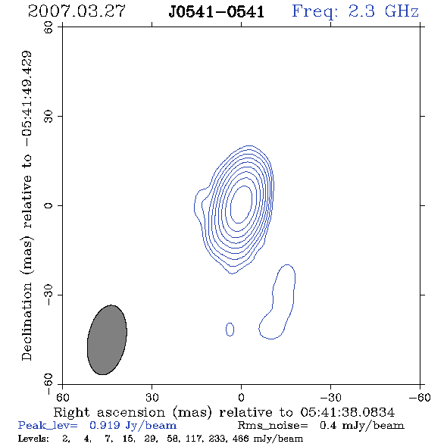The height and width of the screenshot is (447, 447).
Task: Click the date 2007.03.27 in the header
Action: (77, 11)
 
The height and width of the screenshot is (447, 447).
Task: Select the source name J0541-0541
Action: (217, 12)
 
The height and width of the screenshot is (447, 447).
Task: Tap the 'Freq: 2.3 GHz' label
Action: (355, 11)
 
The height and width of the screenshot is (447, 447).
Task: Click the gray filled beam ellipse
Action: (107, 340)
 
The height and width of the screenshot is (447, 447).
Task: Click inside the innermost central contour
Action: (241, 205)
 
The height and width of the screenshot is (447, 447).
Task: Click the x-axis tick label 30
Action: (152, 398)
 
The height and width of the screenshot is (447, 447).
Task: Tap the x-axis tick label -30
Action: (330, 398)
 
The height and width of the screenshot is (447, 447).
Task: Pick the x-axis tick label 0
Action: (241, 398)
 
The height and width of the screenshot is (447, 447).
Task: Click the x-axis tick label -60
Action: (420, 398)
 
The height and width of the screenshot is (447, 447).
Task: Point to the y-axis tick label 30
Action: (48, 117)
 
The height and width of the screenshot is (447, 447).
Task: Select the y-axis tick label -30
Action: (48, 295)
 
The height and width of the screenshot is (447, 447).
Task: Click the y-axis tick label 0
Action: (48, 205)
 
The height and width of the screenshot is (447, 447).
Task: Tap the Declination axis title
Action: (27, 205)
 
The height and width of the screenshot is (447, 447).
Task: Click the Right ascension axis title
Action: (224, 412)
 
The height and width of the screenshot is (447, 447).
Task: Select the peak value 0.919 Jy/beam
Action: (133, 426)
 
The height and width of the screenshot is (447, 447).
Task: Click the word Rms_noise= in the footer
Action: (273, 426)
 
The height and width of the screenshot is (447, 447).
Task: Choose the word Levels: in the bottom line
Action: (33, 439)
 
